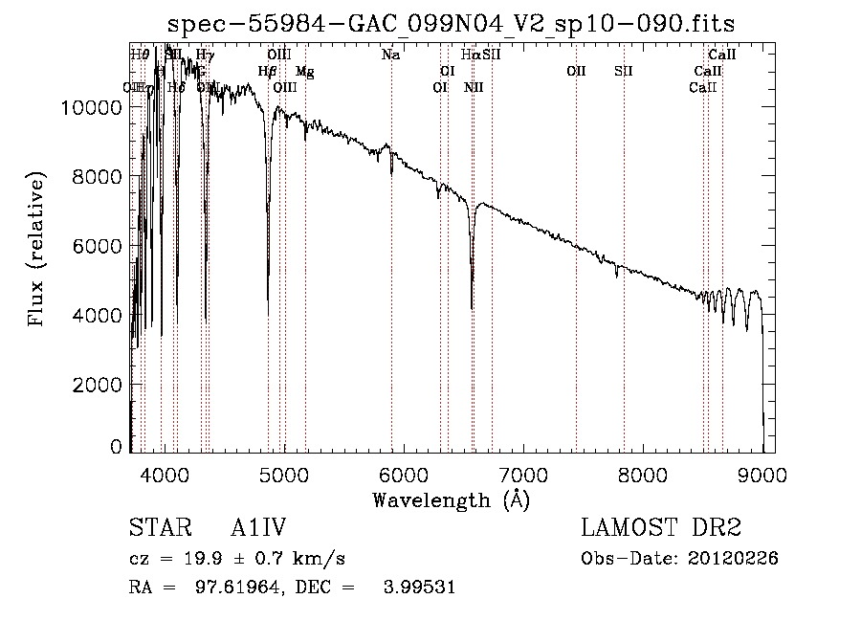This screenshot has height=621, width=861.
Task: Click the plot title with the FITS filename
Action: [x=451, y=23]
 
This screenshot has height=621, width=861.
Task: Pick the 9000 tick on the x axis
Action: [x=762, y=475]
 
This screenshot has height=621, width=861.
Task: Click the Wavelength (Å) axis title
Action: [x=451, y=499]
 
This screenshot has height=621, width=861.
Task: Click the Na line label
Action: [x=390, y=55]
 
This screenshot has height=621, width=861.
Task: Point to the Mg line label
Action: [x=304, y=72]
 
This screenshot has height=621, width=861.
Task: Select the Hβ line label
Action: [x=268, y=72]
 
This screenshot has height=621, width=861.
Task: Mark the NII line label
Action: [x=474, y=88]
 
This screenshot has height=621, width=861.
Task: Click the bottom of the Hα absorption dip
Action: [x=472, y=307]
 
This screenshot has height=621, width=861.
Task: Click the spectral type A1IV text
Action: [x=259, y=529]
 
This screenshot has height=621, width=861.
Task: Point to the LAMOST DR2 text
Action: [x=661, y=529]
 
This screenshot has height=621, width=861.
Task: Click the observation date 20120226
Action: [x=733, y=559]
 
